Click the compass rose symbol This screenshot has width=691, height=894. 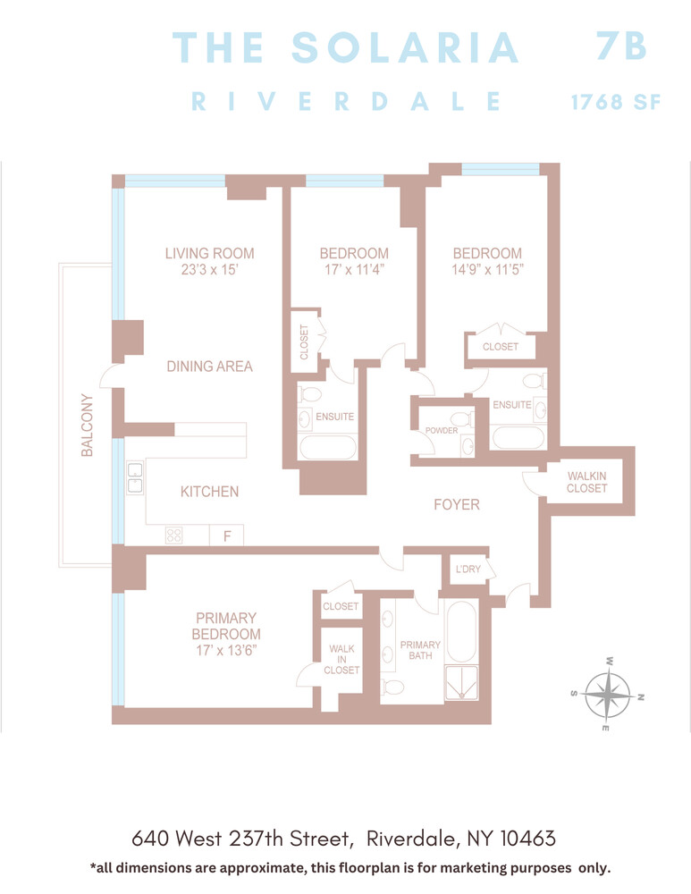[608, 695]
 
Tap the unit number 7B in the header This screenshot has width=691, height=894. [621, 46]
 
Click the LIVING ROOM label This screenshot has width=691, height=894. [209, 253]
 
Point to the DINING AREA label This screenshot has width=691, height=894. [209, 366]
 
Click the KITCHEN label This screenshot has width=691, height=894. [209, 492]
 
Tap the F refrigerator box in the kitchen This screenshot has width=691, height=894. [226, 536]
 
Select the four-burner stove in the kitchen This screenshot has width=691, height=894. [173, 536]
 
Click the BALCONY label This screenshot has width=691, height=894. [87, 426]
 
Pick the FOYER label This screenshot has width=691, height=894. [456, 505]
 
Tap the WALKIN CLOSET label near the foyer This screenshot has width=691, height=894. [586, 482]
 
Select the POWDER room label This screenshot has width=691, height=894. [442, 431]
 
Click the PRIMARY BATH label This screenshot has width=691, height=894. [420, 650]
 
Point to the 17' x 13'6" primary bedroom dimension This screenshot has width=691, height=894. [226, 652]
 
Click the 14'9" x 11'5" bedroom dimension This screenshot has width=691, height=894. [486, 268]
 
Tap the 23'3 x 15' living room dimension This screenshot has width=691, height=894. [209, 268]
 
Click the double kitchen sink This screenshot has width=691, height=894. [134, 477]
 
